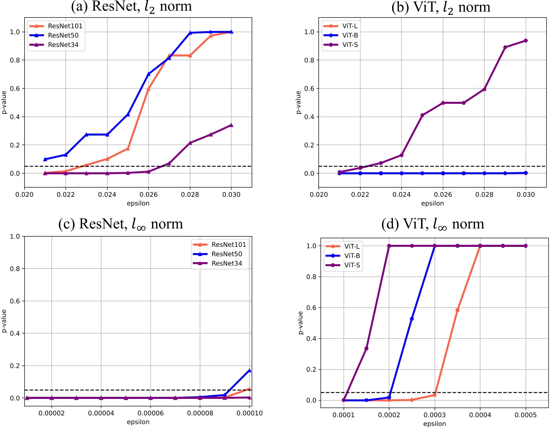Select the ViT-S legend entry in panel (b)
[x=350, y=45]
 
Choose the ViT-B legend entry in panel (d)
[x=352, y=256]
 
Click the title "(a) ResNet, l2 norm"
[x=131, y=7]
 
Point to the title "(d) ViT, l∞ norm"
[x=432, y=224]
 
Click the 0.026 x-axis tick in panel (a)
[x=149, y=195]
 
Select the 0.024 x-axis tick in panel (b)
[x=402, y=195]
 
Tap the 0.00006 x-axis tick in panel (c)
[x=150, y=413]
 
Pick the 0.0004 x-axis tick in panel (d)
[x=480, y=415]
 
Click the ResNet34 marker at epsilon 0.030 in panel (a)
[x=231, y=125]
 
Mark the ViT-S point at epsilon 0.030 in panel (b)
[x=526, y=41]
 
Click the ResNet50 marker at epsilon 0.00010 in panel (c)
[x=250, y=370]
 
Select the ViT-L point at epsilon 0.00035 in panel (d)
[x=457, y=310]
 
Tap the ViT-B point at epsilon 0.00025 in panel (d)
[x=412, y=319]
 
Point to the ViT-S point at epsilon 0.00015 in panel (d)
[x=366, y=349]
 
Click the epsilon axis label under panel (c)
[x=138, y=422]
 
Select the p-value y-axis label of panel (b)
[x=299, y=102]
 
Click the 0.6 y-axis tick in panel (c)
[x=15, y=301]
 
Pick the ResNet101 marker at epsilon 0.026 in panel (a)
[x=149, y=89]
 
